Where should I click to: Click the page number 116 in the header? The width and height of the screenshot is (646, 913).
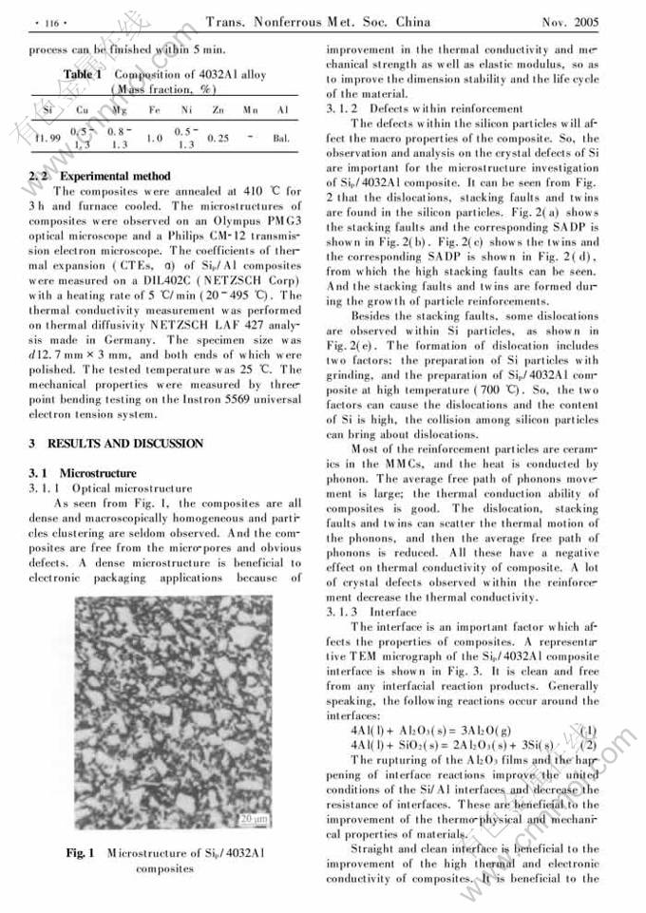click(46, 21)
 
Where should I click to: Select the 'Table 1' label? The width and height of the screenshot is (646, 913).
click(83, 74)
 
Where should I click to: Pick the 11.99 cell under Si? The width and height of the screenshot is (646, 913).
click(46, 138)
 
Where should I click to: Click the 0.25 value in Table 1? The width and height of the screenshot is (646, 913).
click(218, 138)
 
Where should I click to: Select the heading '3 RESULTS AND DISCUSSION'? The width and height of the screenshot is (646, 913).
click(116, 444)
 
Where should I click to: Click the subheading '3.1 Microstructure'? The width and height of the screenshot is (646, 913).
click(83, 473)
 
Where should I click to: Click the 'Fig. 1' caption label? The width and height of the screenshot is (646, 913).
click(79, 853)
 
